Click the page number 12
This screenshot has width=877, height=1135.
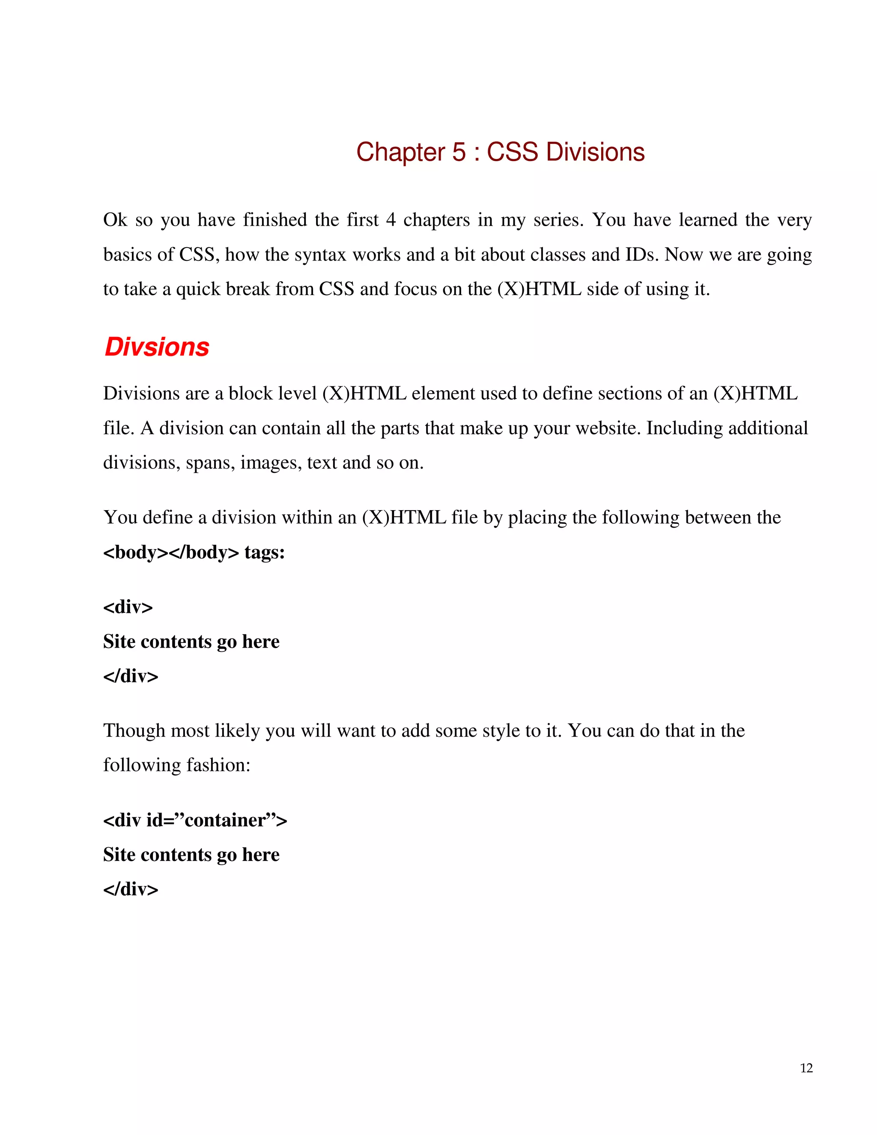(x=806, y=1068)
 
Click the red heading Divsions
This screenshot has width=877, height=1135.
(x=157, y=346)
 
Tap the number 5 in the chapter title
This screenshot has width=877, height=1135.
(x=459, y=152)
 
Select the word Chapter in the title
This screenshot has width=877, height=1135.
(x=400, y=152)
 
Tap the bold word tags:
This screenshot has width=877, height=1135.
(x=265, y=552)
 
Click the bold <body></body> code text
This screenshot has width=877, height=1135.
(x=171, y=552)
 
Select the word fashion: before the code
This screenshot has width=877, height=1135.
(x=218, y=765)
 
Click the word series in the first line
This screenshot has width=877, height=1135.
(x=558, y=220)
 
